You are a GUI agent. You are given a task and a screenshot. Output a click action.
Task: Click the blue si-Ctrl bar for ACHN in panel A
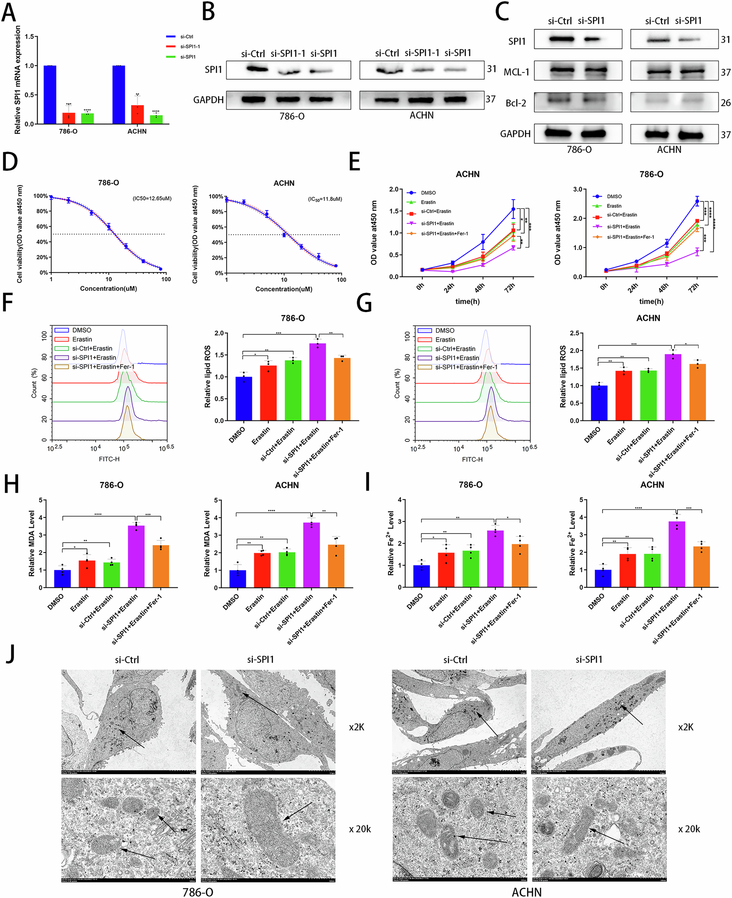tap(119, 94)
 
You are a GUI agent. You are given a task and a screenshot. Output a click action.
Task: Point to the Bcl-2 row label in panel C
tap(516, 103)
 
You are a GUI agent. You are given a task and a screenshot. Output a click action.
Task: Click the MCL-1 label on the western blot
tap(516, 72)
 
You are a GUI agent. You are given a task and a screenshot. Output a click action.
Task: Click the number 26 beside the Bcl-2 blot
tap(725, 103)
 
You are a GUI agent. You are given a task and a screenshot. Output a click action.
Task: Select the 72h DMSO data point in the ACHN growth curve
tap(513, 209)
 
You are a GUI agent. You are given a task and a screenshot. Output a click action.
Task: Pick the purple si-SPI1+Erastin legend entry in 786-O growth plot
tap(623, 227)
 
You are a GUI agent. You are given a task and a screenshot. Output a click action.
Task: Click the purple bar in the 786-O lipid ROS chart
tap(318, 382)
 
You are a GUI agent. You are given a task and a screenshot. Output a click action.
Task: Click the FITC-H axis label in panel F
tap(109, 459)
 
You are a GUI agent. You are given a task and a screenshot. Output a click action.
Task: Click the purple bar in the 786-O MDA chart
tap(136, 556)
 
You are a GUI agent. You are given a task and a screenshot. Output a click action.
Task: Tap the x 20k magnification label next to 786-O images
tap(360, 829)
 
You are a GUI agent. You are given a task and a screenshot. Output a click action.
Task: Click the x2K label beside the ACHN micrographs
tap(686, 727)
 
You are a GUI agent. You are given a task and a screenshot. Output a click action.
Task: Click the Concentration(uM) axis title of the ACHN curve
tap(284, 289)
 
